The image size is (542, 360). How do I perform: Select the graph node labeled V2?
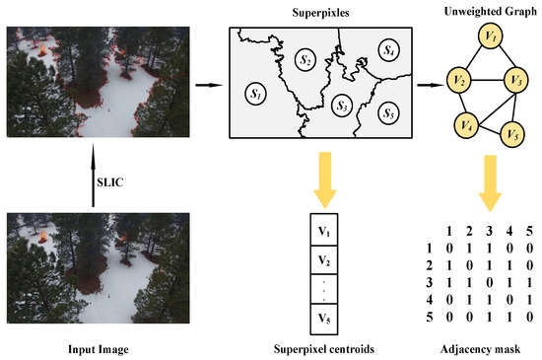click(458, 80)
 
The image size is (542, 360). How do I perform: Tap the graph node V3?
click(514, 80)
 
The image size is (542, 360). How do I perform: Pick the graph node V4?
click(466, 125)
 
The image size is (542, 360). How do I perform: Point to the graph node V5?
click(510, 131)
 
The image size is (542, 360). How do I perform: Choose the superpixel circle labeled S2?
click(305, 61)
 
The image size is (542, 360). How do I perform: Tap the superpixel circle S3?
click(342, 104)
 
